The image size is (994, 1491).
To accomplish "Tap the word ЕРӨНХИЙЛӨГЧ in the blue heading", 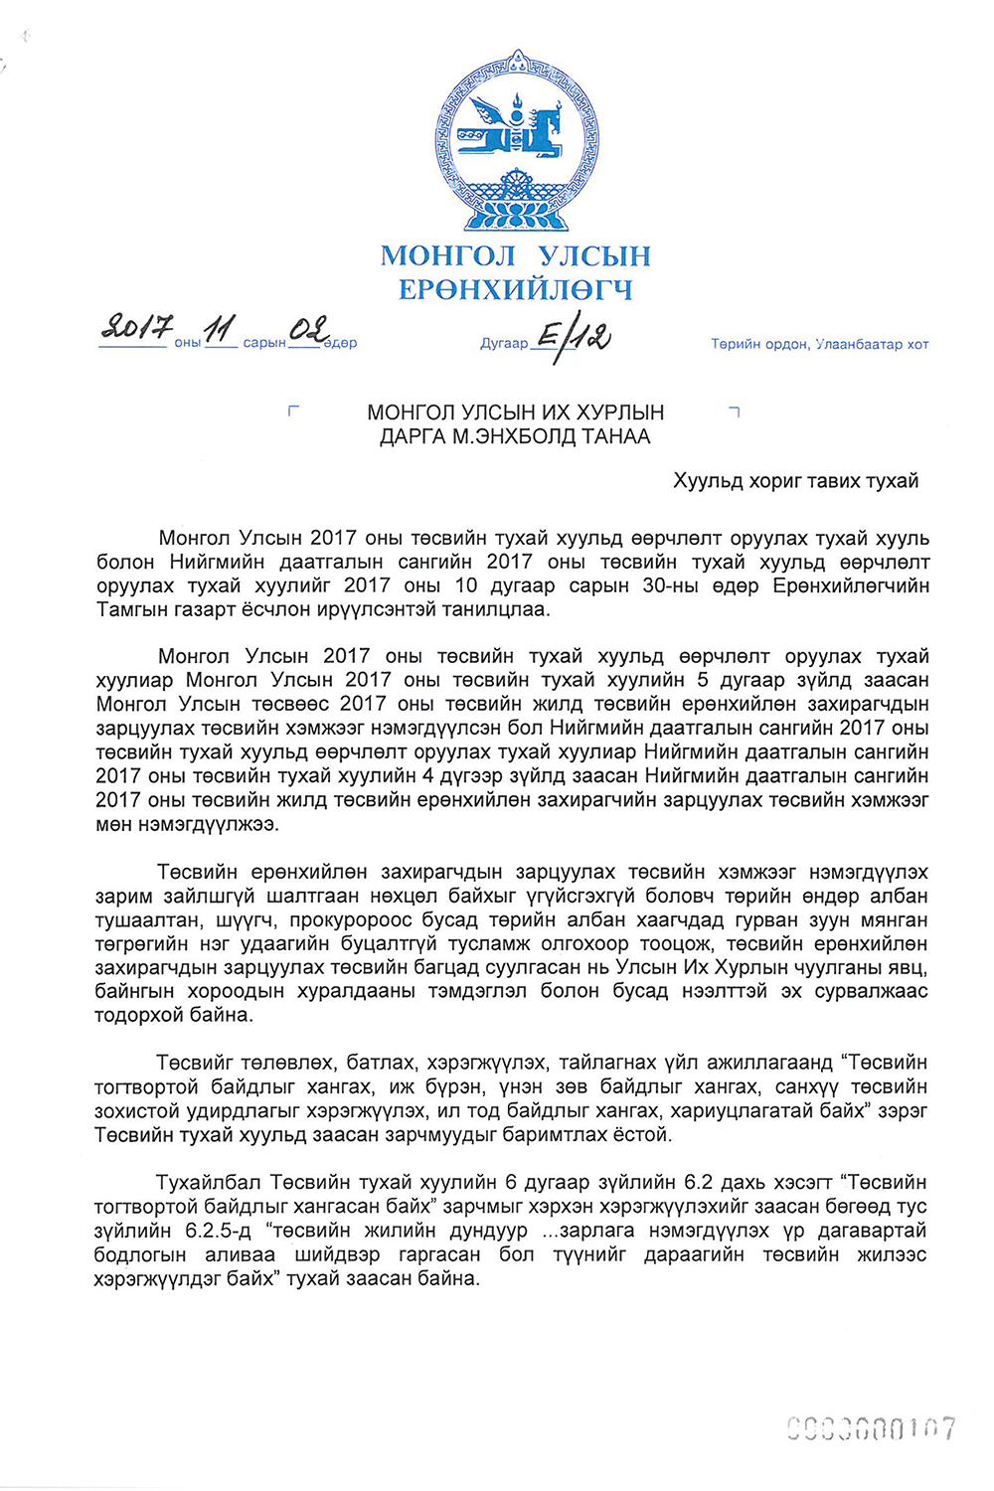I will tap(515, 290).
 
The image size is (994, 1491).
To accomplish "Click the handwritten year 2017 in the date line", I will tap(137, 327).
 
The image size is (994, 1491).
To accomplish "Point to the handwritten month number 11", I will tap(220, 328).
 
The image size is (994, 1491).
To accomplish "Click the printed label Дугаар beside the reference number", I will tap(504, 344).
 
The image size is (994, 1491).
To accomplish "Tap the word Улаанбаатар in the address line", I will tap(860, 344).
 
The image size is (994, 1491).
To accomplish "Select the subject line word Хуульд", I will tap(707, 481).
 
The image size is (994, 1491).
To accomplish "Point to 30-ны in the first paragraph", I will tap(677, 585).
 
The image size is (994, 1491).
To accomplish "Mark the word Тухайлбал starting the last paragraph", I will tap(209, 1183).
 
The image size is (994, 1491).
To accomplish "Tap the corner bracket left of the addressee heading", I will tap(292, 411).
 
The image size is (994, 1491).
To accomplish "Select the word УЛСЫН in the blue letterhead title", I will tap(594, 256).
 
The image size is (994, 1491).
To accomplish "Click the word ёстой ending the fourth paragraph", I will tap(642, 1134).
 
